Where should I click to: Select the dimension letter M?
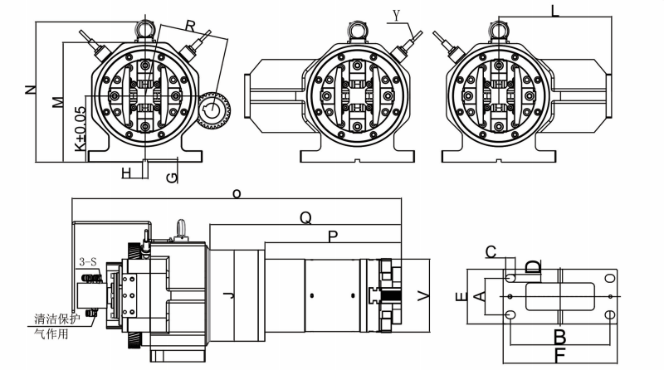(56, 101)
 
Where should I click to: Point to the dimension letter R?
(191, 27)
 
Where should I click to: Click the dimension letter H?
(126, 172)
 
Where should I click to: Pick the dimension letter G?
(171, 177)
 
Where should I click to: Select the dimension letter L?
(554, 11)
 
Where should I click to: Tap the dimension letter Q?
(305, 217)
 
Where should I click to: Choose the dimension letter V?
(424, 295)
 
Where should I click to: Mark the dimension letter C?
(491, 251)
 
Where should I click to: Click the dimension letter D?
(534, 267)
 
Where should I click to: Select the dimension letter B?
(559, 336)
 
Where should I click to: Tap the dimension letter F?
(559, 355)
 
